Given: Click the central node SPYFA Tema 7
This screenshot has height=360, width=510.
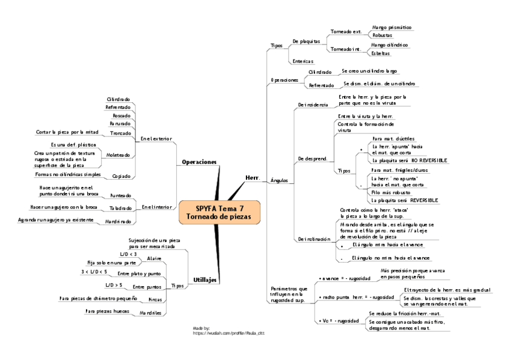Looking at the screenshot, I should pos(219,212).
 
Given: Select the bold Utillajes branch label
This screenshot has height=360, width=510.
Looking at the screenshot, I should pos(205,279).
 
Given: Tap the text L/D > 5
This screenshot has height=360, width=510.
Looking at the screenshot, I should pos(114,284).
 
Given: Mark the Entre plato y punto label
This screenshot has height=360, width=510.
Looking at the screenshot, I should pos(139,273).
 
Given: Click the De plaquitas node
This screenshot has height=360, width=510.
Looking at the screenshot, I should pos(306,41).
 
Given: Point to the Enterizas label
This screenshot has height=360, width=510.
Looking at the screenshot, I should pos(303,61).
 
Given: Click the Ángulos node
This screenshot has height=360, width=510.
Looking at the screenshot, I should pos(280,180).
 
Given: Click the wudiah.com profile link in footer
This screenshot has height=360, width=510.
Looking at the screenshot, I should pos(229,332).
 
